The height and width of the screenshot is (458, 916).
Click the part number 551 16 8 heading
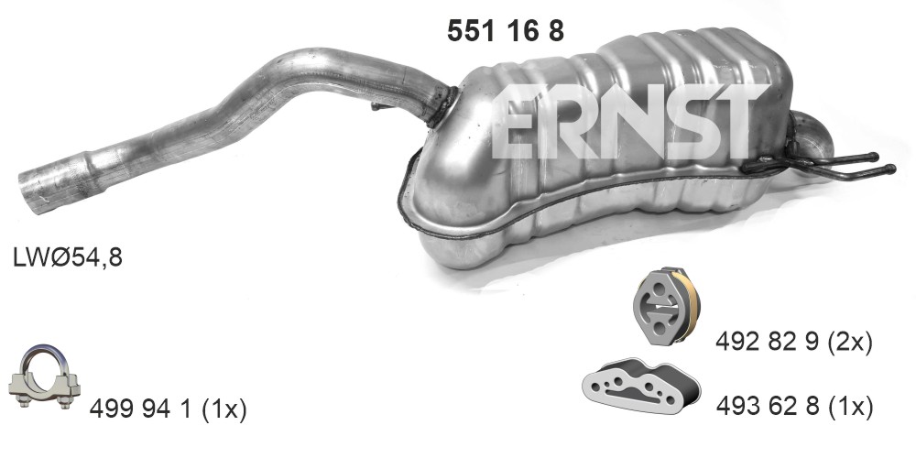[x=506, y=30]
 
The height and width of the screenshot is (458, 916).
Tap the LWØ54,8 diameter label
[x=68, y=257]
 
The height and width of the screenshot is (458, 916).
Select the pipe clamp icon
[x=44, y=377]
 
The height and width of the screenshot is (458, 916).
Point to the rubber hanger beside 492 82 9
[x=667, y=306]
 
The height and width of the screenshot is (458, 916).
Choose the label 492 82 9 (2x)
[x=794, y=343]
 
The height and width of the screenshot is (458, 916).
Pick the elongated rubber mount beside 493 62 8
[x=641, y=386]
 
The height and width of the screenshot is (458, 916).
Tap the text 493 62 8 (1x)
[x=794, y=407]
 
